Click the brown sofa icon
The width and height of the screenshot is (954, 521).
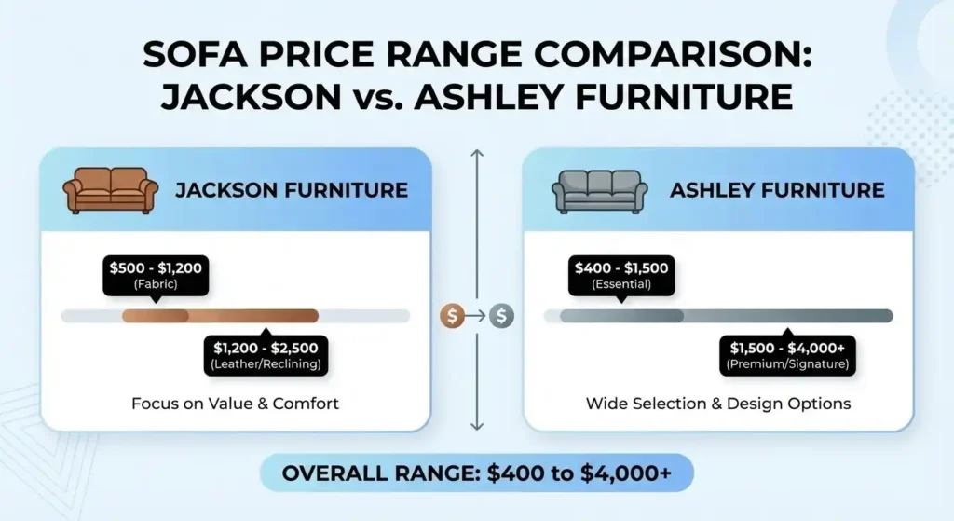[x=111, y=191]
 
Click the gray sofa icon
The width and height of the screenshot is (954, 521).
[x=598, y=191]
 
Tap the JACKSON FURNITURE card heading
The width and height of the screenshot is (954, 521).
[x=292, y=191]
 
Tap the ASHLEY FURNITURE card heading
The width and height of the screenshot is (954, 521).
[x=777, y=191]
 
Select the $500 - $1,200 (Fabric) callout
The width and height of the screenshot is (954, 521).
[x=156, y=276]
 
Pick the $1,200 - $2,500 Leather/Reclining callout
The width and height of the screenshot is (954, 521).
[x=266, y=355]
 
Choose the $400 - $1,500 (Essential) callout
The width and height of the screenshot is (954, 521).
[x=621, y=276]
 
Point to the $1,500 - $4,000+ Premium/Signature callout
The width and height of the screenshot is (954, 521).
[x=787, y=355]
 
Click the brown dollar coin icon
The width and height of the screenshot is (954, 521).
[x=452, y=316]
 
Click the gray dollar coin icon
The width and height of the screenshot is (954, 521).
[x=502, y=316]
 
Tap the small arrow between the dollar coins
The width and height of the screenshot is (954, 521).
[x=477, y=316]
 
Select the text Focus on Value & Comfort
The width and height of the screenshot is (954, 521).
[x=235, y=404]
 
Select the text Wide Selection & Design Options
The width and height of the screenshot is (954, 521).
[x=718, y=404]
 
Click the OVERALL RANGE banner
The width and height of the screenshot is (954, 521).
[x=476, y=473]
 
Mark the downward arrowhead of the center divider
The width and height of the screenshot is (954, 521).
[x=477, y=426]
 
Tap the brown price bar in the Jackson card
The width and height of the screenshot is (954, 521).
[x=221, y=316]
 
